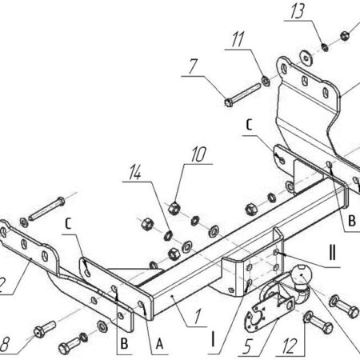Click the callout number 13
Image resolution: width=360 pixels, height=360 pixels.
[298, 11]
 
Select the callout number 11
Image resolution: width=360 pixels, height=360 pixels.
[238, 40]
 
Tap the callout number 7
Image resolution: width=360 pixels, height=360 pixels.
[193, 66]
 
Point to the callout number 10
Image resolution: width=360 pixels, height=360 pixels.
[198, 154]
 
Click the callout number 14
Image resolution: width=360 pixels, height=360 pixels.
[135, 172]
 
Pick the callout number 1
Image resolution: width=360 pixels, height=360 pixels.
[198, 317]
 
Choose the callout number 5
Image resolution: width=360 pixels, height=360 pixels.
[247, 346]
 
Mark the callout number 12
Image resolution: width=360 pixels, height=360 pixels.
[290, 346]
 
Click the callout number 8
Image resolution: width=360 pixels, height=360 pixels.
[5, 344]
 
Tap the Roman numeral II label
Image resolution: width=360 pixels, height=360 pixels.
[332, 253]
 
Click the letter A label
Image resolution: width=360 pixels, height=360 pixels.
[159, 344]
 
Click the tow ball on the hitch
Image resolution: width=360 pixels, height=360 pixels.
[301, 274]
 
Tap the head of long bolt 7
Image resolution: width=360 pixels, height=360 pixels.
[229, 102]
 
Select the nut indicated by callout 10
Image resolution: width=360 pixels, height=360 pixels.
[174, 208]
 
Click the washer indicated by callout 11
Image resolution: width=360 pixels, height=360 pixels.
[266, 81]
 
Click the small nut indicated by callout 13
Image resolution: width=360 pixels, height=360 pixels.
[325, 47]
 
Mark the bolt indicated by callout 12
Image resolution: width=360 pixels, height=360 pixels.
[318, 322]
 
